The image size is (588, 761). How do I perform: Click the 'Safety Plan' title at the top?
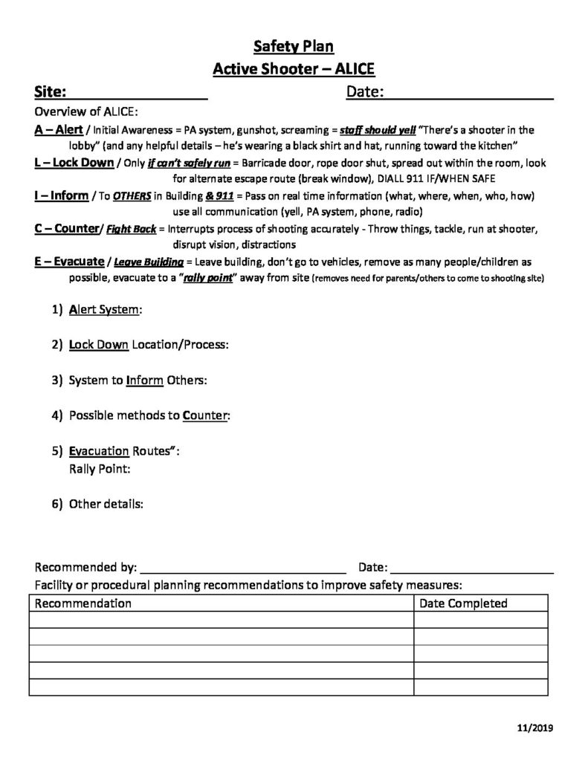click(x=294, y=47)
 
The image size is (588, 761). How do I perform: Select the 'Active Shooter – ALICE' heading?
click(x=294, y=70)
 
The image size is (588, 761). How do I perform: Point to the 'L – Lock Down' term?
click(x=74, y=163)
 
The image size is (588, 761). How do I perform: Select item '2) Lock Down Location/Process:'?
click(x=140, y=345)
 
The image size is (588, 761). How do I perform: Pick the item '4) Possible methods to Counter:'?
click(x=141, y=415)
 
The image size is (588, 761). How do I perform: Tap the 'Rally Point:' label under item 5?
click(x=100, y=469)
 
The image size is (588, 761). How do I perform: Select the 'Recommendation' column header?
click(x=83, y=603)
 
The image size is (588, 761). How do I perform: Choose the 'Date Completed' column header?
click(x=463, y=603)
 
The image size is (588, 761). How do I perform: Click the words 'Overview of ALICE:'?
click(x=86, y=113)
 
